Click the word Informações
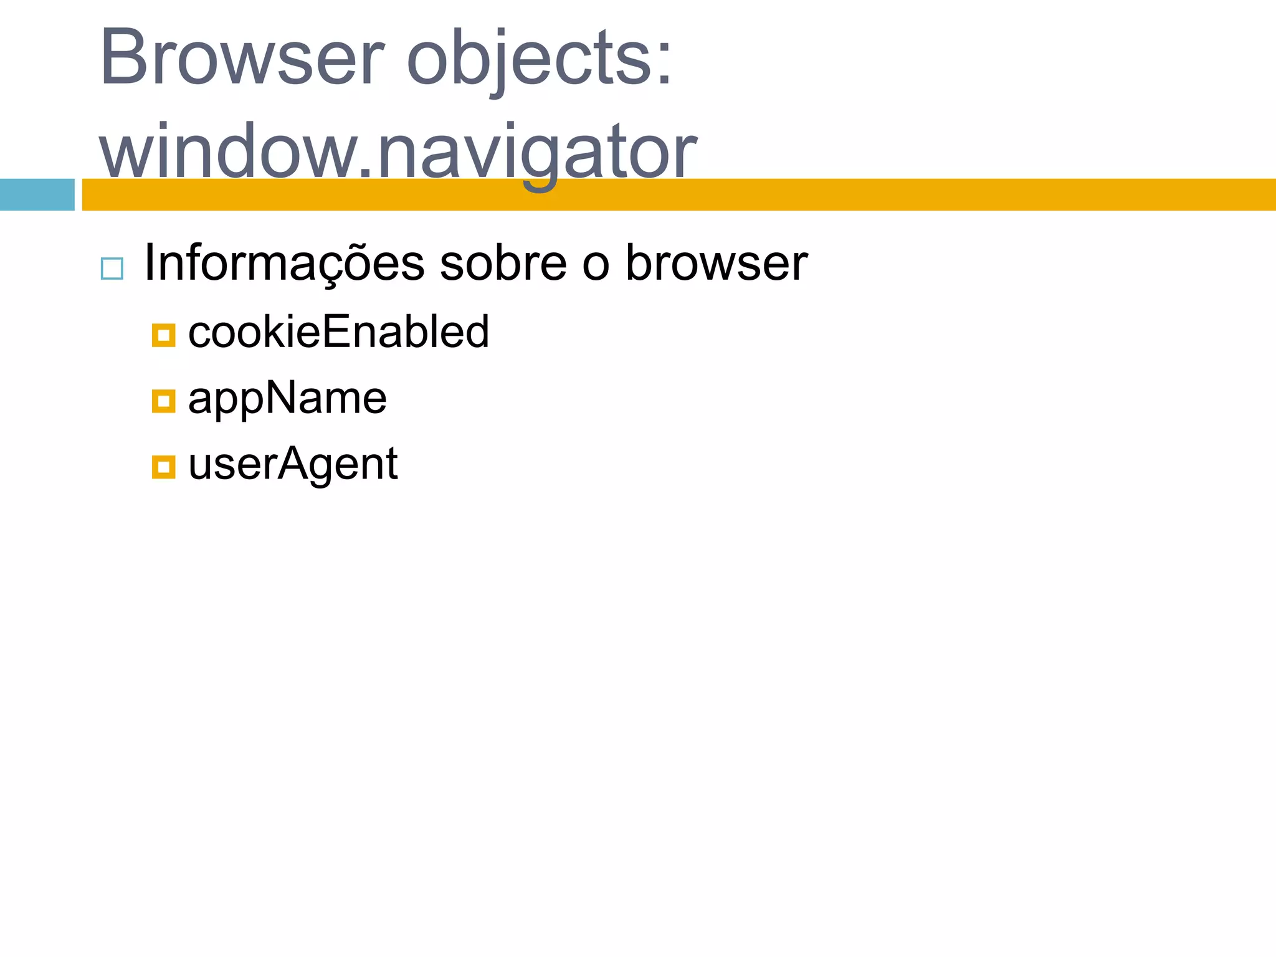(x=284, y=263)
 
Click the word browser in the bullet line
(x=717, y=263)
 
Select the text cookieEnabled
(x=338, y=331)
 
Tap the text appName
(x=287, y=399)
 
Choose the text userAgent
(x=293, y=465)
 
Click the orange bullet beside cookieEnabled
(x=163, y=335)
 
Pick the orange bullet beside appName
(x=163, y=401)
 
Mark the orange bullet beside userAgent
(x=163, y=467)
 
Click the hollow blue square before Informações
(x=112, y=269)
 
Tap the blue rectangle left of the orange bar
(x=37, y=194)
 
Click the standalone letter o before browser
(x=595, y=264)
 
